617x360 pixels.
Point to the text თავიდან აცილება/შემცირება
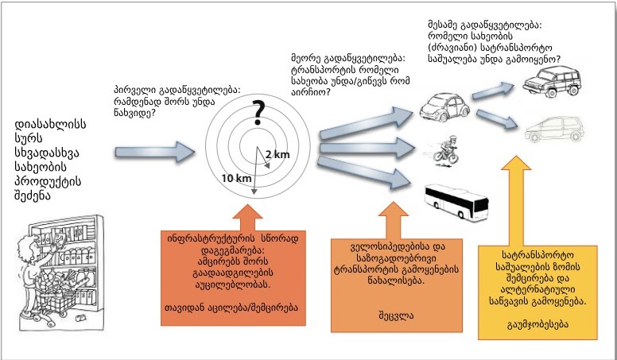[237, 308]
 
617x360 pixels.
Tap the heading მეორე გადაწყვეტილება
[349, 60]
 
